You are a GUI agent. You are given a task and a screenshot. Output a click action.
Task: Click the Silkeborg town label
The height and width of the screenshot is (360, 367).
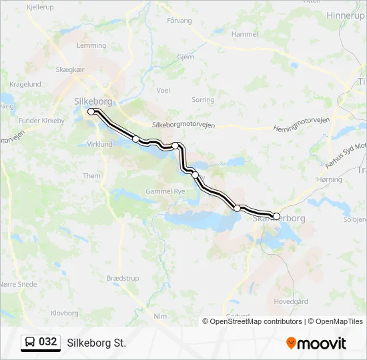pos(93,101)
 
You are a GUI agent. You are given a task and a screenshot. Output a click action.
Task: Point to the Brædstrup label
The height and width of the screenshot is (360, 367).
pos(122,277)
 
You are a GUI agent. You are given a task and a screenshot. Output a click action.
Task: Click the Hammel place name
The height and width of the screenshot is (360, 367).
pos(244,34)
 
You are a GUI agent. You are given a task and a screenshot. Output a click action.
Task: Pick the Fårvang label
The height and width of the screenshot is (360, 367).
pos(179,21)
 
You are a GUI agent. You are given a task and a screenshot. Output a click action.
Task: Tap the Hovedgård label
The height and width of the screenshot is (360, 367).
pos(291,301)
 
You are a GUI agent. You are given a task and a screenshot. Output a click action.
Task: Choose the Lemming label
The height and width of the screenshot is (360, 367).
pos(91,46)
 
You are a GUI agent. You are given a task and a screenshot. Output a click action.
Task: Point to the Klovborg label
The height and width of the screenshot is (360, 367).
pos(65,312)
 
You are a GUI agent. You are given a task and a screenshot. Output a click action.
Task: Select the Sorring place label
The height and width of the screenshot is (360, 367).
pos(203,99)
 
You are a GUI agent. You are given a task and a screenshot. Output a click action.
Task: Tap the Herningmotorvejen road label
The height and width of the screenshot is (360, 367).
pos(302,128)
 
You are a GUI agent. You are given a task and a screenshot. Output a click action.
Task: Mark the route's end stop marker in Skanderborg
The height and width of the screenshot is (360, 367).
pos(276,216)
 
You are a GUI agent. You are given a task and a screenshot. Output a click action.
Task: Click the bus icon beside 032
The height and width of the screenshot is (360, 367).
pos(30,342)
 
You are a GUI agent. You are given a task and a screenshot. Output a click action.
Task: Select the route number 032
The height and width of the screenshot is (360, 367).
pos(48,342)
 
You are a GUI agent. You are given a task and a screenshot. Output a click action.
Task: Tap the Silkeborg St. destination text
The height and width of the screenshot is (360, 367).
pos(96,343)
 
